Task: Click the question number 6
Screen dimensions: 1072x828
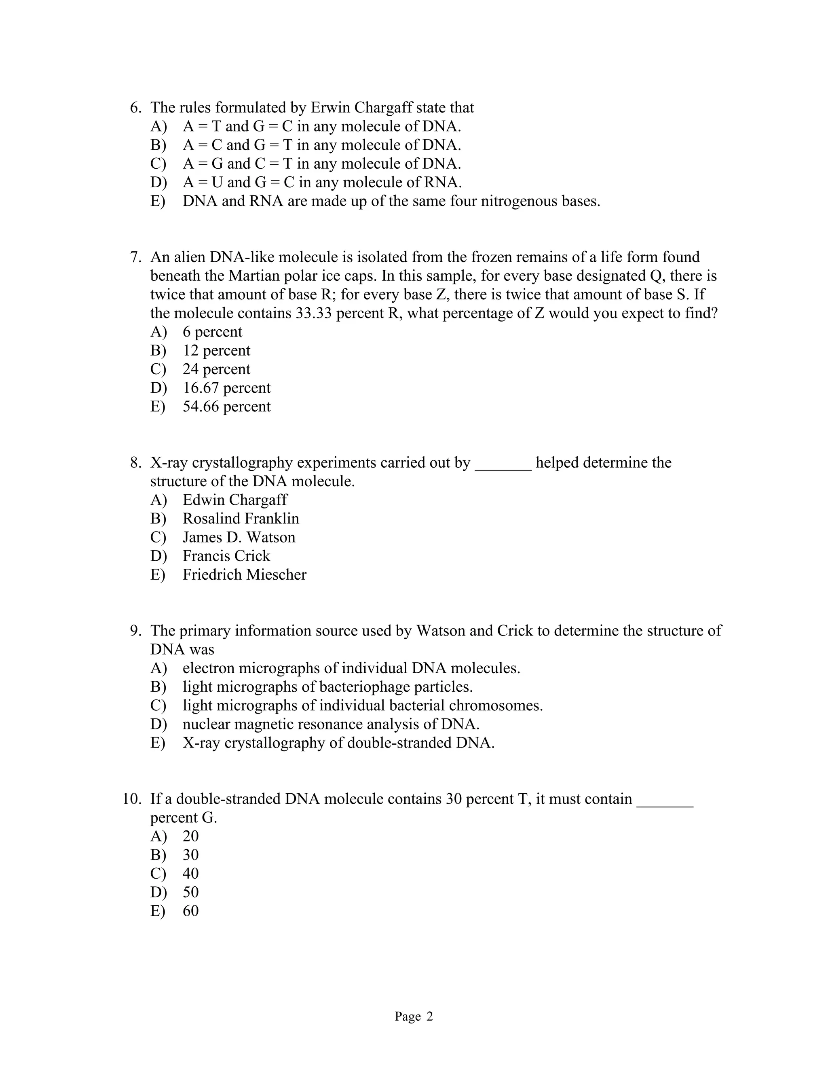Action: tap(135, 108)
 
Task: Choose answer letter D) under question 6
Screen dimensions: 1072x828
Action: tap(158, 182)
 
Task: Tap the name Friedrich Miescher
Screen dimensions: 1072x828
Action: tap(244, 574)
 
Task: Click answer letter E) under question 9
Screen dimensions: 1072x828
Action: tap(158, 743)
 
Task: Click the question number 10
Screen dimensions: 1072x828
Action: tap(131, 799)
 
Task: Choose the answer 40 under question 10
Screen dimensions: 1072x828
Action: tap(190, 873)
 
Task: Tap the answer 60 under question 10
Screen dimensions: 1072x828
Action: tap(190, 911)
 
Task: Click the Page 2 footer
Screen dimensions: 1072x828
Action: tap(414, 1016)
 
